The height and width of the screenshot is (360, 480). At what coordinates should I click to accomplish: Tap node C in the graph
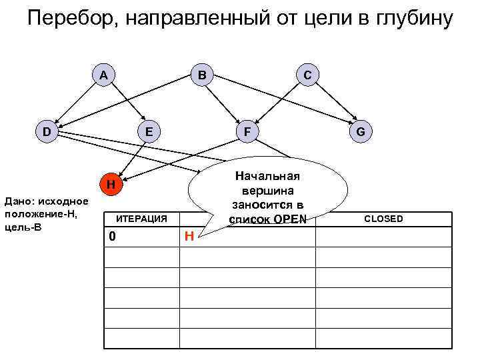[x=306, y=75]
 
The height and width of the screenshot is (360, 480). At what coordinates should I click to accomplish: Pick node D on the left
[x=47, y=131]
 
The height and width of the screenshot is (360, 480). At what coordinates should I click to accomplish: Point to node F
[x=247, y=131]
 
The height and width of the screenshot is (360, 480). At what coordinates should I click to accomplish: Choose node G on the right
[x=360, y=131]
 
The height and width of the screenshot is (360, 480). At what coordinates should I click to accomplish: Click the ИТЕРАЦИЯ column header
[x=142, y=218]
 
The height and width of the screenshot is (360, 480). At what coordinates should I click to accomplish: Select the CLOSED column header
[x=383, y=219]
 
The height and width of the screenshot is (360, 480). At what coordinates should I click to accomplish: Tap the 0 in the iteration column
[x=113, y=236]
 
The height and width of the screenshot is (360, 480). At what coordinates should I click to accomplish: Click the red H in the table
[x=189, y=235]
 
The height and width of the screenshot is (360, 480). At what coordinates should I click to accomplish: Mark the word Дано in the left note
[x=18, y=200]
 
